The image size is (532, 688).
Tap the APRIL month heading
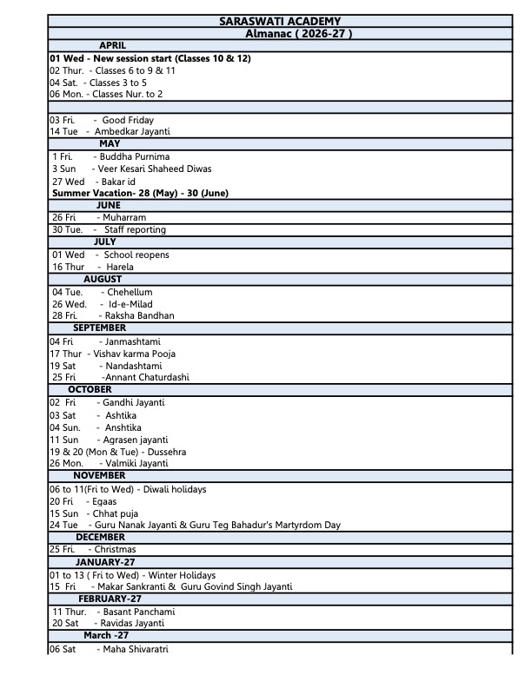(x=113, y=45)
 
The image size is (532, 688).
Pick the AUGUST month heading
(x=103, y=279)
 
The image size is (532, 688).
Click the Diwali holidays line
(x=128, y=489)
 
